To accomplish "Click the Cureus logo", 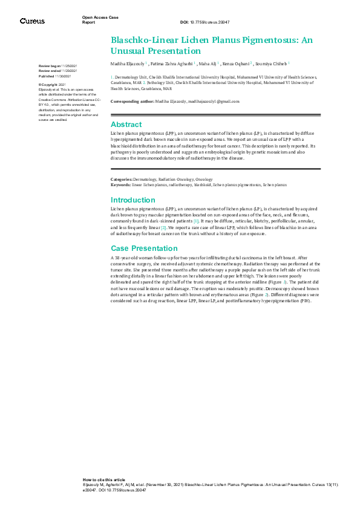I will coord(32,21).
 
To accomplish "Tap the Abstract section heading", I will coord(126,124).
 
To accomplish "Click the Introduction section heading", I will coord(133,200).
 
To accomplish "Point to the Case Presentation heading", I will coord(143,248).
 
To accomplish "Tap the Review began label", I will coord(50,65).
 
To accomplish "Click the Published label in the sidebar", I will coord(47,77).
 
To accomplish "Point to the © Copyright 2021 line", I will coord(52,85).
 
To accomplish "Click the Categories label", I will coord(122,180).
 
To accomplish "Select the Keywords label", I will coord(121,184).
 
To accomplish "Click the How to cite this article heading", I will coord(104,479).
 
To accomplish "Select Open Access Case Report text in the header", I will coord(97,19).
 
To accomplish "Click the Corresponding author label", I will coord(132,101).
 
